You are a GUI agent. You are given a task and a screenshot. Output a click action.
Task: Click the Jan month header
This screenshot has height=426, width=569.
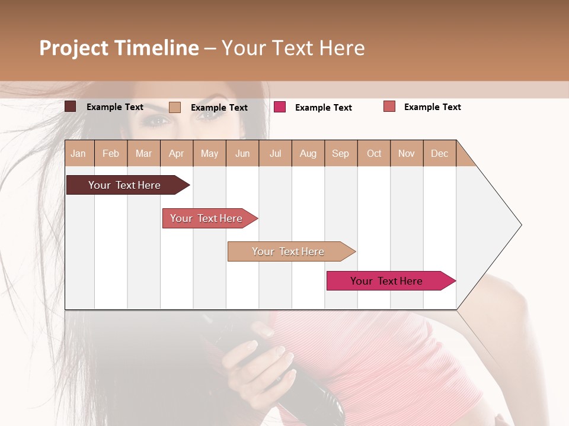point(78,154)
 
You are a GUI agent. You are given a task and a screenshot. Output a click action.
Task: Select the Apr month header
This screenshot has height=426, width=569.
point(176,154)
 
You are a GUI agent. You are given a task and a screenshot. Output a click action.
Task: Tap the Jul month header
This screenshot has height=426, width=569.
point(275,154)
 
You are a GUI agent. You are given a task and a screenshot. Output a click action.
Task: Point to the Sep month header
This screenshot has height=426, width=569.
point(340,154)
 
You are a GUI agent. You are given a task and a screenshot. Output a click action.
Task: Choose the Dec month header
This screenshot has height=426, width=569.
point(439,154)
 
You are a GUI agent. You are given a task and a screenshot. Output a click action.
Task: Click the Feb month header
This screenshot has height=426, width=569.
point(111,154)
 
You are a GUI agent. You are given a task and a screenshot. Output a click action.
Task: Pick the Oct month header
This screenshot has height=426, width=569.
point(374,154)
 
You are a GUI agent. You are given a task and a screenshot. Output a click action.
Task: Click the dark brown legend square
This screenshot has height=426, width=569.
point(71,106)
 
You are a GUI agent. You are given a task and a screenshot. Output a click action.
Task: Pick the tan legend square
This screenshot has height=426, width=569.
point(175,107)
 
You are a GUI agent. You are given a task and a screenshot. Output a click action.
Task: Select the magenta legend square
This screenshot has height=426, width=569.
point(280,107)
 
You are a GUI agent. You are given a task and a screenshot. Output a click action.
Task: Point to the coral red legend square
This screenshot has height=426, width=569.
point(389,106)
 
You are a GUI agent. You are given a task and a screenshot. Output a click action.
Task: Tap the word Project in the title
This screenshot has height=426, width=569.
point(74,48)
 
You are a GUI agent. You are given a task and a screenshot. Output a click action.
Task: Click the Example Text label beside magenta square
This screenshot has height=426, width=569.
point(323,108)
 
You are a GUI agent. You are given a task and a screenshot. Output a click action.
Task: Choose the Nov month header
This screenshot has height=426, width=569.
point(407,154)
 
